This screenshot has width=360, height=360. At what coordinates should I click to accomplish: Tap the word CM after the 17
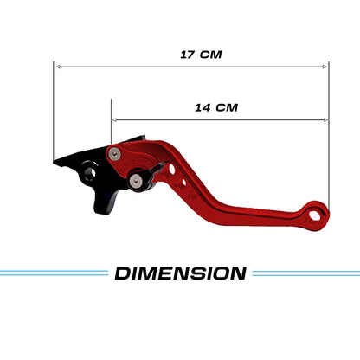[210, 54]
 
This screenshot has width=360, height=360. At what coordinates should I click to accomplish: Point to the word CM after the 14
[227, 108]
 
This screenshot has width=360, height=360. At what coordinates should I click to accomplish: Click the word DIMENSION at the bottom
[180, 273]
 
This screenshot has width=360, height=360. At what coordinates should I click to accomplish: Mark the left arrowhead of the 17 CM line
[57, 66]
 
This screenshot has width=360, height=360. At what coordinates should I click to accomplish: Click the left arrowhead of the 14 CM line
[114, 119]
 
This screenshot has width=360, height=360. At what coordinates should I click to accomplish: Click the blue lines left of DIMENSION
[52, 273]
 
